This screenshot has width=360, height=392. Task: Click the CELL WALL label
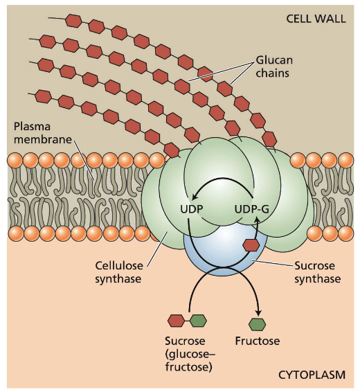pos(316,17)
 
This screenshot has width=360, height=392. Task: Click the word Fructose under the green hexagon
pos(256,341)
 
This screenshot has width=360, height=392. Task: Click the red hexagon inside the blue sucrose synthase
pos(251,244)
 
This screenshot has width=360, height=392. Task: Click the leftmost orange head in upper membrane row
pos(15,160)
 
